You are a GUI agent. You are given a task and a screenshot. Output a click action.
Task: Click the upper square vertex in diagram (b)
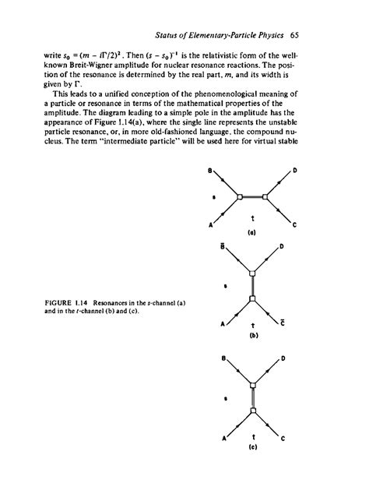(x=252, y=273)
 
